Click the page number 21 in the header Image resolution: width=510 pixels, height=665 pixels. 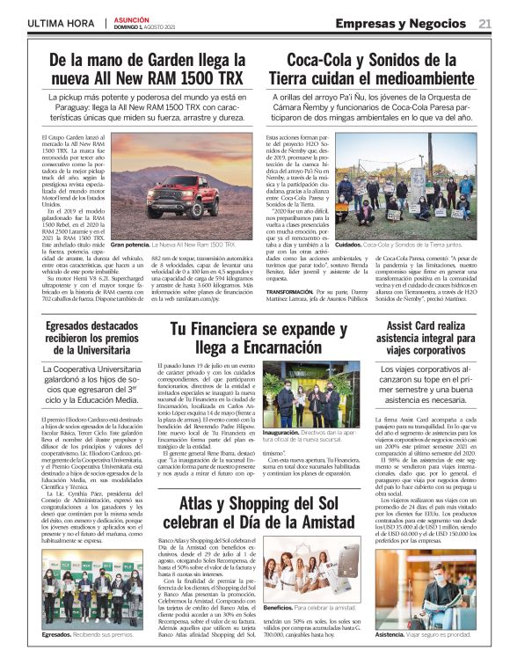pos(484,24)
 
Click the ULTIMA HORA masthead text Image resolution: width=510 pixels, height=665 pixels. pos(61,24)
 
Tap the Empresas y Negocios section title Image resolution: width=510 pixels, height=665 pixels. pos(404,24)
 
